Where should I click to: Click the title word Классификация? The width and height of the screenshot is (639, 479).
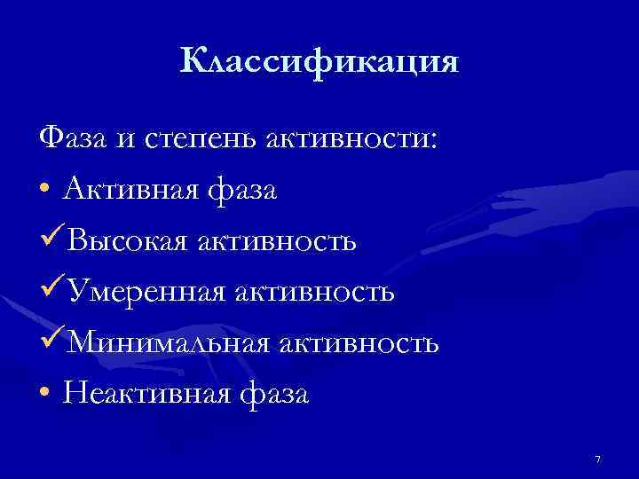click(319, 62)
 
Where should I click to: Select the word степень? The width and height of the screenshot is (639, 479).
click(192, 140)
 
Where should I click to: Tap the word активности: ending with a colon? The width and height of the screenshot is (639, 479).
click(350, 139)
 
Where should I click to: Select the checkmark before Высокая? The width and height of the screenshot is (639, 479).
click(51, 239)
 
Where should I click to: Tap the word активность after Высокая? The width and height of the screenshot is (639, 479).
click(276, 240)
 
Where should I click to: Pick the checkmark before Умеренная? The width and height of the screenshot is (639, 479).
click(51, 290)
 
